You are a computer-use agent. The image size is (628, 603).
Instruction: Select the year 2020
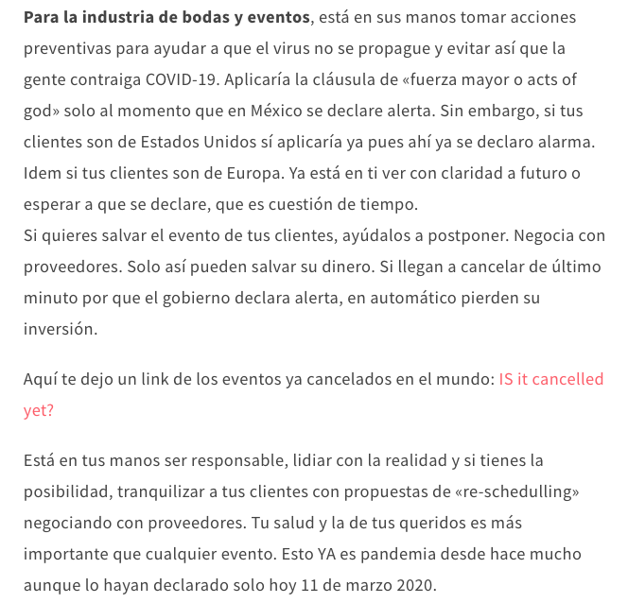pos(414,585)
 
